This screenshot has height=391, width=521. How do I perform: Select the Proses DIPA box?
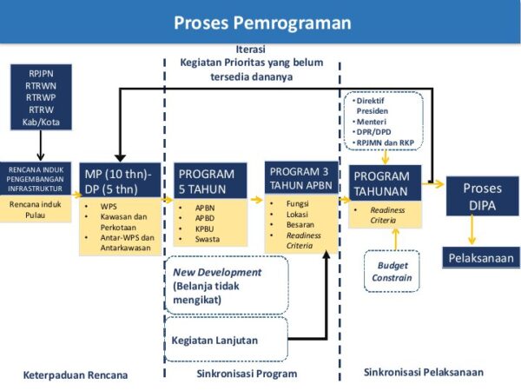(482, 196)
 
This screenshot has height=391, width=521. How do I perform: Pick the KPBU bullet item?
(194, 229)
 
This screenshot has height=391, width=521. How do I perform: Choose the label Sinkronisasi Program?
(241, 374)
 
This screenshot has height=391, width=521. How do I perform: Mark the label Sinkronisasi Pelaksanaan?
(423, 372)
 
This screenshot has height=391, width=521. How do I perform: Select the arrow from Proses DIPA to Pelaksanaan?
(472, 230)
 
